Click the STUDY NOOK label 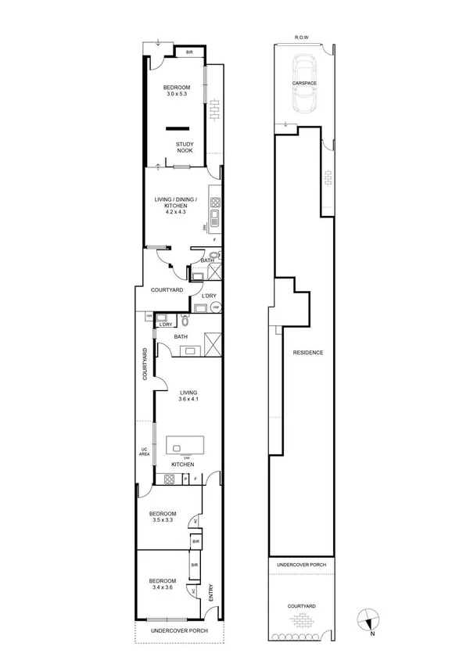coord(185,147)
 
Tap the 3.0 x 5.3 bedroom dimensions coord(177,94)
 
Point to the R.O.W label coord(302,37)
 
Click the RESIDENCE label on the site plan coord(308,353)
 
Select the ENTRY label coord(210,592)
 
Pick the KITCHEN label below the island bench coord(183,465)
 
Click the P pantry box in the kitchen coord(185,478)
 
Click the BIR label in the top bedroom coord(188,53)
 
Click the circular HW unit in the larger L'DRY coord(214,308)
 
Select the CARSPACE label coord(303,81)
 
